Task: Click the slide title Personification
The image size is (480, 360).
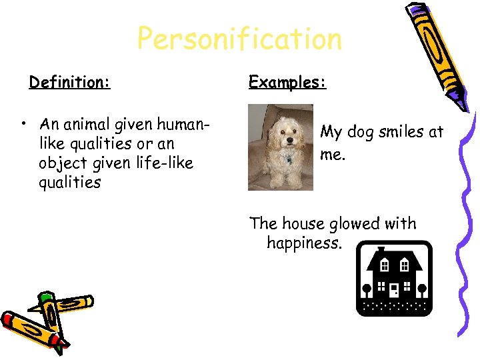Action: point(239,40)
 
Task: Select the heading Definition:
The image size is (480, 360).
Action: point(69,83)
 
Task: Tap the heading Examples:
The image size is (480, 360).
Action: point(287,83)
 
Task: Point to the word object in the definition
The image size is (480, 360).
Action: point(61,163)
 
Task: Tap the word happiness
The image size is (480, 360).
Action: point(304,243)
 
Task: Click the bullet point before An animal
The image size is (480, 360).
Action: point(23,125)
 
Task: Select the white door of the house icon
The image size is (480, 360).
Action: point(394,290)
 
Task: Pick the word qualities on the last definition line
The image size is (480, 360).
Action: point(69,183)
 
